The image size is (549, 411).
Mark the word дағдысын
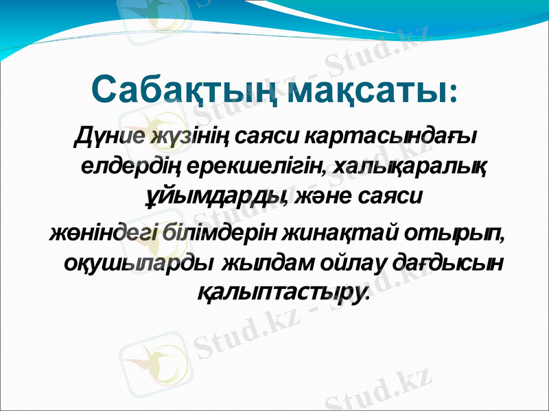click(449, 262)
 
